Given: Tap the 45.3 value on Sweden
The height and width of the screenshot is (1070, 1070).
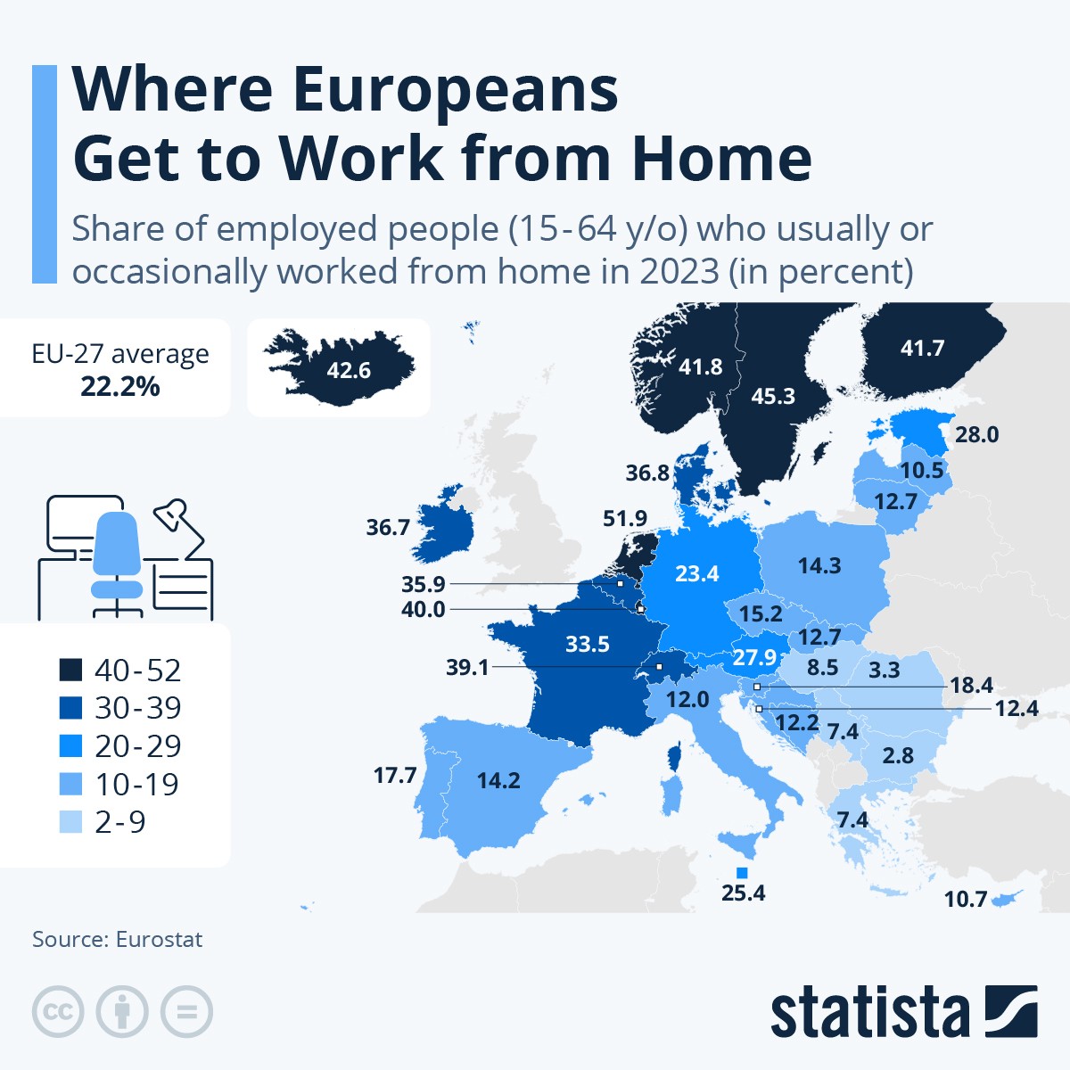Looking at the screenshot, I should coord(772,396).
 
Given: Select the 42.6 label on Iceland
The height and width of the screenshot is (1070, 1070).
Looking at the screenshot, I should coord(348,369).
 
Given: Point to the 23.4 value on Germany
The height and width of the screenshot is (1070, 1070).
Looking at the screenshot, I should coord(696,573).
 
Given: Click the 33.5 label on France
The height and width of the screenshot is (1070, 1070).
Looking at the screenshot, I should coord(587,644).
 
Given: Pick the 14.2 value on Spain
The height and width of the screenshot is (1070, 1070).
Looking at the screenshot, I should coord(498,780).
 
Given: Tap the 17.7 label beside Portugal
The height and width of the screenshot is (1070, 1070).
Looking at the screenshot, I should coord(395,775).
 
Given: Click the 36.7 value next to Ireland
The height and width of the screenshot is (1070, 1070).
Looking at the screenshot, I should coord(388,527).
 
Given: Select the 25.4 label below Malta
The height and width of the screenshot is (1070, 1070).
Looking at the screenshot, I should coord(743,893).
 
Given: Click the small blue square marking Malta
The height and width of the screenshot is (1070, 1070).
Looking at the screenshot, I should coord(741,872).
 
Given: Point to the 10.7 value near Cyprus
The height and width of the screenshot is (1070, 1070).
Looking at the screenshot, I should coord(966,899).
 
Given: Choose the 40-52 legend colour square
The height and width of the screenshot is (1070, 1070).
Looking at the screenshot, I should coord(70,670).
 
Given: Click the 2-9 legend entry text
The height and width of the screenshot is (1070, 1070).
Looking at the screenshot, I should coord(120,821).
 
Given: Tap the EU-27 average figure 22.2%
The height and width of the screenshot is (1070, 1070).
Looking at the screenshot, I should coord(120,386).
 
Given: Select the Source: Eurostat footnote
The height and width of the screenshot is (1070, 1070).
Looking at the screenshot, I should coord(117,939).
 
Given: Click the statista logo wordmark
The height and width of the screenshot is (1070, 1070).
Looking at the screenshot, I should coord(869,1013).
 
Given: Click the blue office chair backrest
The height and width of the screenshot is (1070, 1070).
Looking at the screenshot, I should coord(117,543).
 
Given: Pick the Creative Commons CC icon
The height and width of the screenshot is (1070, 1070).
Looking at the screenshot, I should coord(58,1012).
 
